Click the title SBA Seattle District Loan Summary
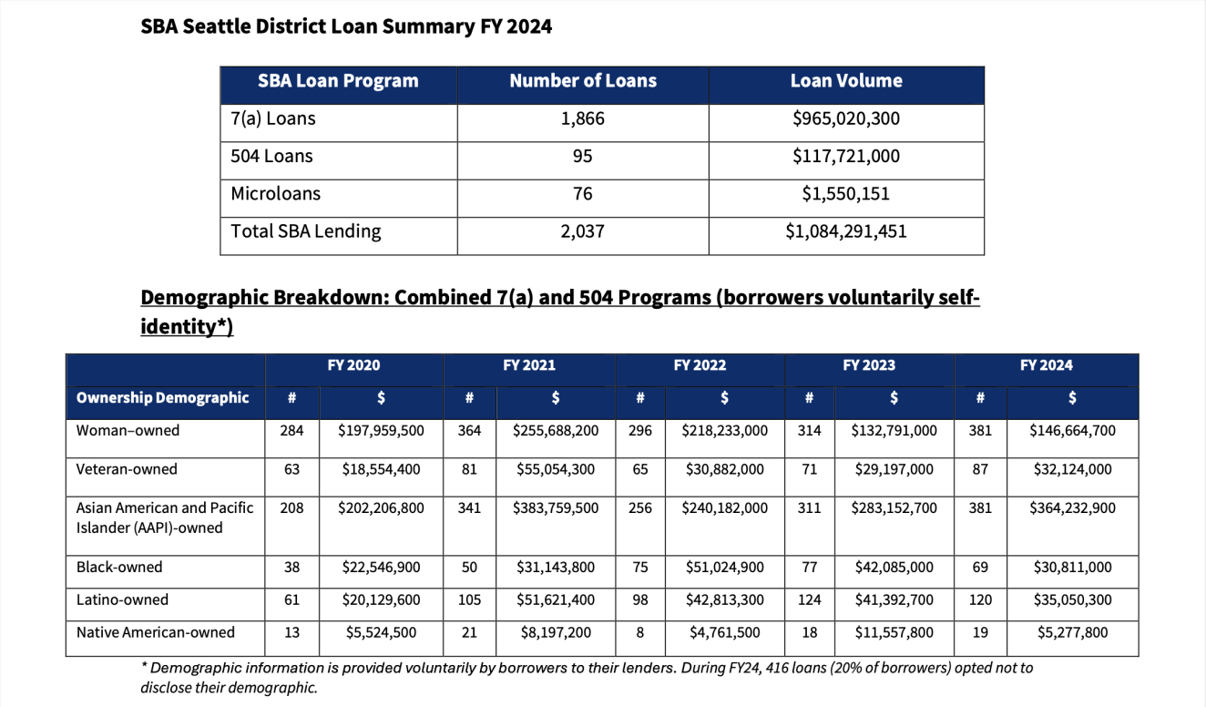click(346, 26)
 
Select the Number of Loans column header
click(583, 81)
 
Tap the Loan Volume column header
click(846, 81)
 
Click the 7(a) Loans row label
click(273, 118)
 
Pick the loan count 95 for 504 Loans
click(583, 157)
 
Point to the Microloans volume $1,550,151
click(846, 194)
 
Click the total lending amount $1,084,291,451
click(846, 231)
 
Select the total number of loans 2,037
click(583, 231)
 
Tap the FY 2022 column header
click(700, 365)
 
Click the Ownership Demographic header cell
click(163, 398)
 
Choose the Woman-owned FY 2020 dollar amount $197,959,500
click(382, 431)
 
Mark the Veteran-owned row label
click(127, 470)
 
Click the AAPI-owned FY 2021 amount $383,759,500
click(556, 508)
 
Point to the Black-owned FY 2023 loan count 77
click(809, 568)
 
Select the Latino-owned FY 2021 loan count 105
click(470, 600)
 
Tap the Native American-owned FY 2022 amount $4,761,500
click(724, 633)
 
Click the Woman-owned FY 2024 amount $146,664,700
click(1072, 431)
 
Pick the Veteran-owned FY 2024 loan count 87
click(980, 470)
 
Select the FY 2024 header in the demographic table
click(1047, 365)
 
